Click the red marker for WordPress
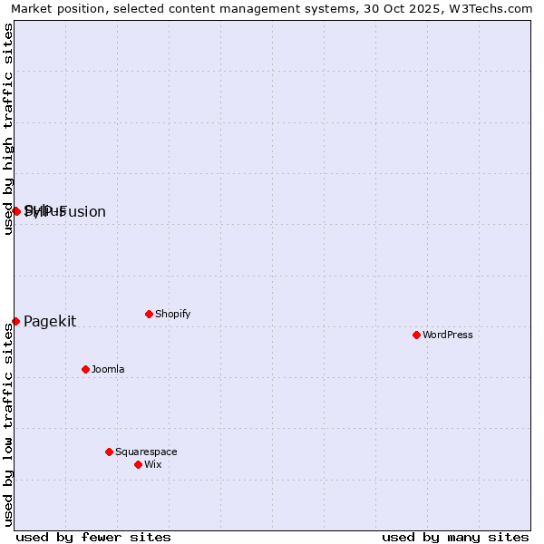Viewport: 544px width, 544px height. pos(416,335)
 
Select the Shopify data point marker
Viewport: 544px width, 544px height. pos(149,314)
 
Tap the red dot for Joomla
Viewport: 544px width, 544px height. pos(85,369)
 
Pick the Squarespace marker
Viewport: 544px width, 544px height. pos(109,452)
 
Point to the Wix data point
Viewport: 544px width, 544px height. pos(138,464)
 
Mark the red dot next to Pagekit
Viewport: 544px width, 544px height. pos(15,321)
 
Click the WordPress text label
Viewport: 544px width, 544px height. pos(448,335)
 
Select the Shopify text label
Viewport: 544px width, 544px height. pos(172,314)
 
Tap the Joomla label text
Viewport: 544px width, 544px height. pos(108,369)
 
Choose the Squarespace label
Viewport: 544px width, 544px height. pos(146,452)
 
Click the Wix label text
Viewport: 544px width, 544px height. pos(153,464)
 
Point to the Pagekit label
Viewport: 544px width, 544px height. pos(50,321)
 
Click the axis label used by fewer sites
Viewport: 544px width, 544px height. pos(93,537)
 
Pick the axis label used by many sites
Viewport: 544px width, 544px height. pos(455,537)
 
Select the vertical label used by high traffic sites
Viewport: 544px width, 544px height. pos(9,130)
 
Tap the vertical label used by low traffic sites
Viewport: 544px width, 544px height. pos(9,426)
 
